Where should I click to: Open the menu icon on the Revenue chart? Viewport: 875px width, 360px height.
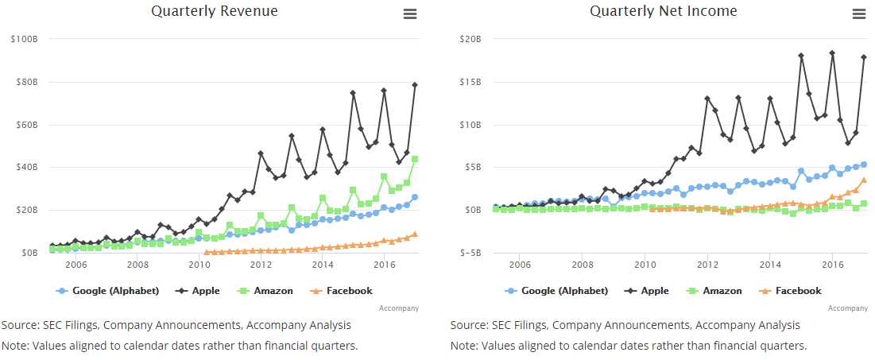click(x=410, y=14)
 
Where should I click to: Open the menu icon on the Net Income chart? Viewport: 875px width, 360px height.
click(x=858, y=14)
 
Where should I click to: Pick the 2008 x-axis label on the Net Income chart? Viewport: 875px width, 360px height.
click(x=582, y=265)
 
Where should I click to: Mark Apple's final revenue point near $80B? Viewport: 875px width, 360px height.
click(x=415, y=85)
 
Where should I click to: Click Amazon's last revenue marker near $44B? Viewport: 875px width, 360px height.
click(x=415, y=159)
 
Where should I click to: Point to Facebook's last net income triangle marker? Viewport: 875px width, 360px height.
click(x=864, y=180)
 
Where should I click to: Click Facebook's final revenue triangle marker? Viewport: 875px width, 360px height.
click(x=415, y=234)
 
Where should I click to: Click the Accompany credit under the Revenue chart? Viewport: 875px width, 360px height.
click(x=399, y=308)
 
